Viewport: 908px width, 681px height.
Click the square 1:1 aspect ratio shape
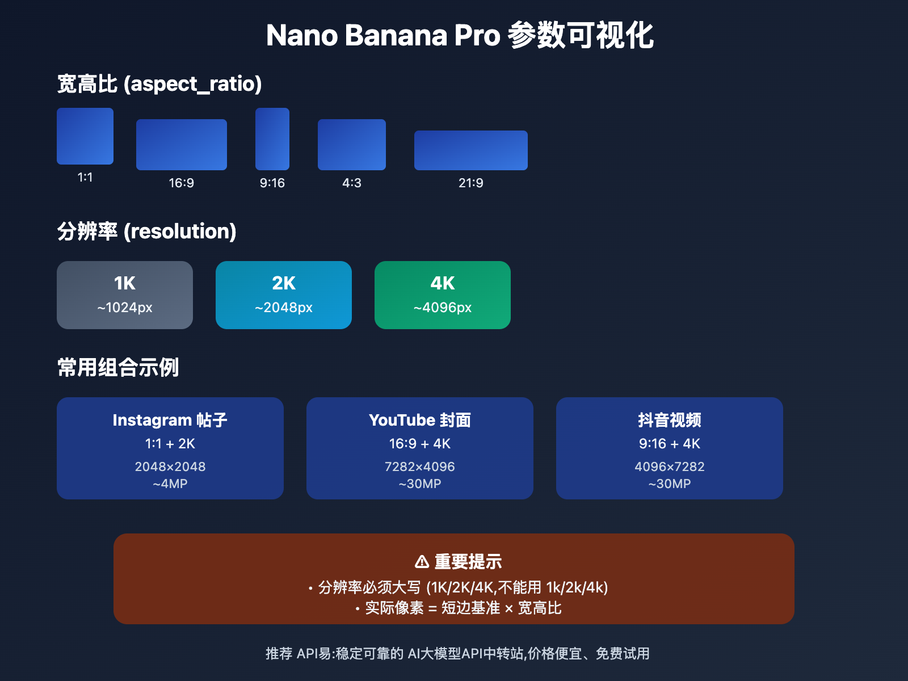point(85,136)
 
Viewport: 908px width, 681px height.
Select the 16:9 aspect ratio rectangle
point(182,145)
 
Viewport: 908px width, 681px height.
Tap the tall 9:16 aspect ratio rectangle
point(272,139)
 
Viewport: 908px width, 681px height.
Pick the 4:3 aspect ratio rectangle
point(352,145)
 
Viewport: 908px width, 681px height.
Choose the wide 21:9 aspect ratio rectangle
point(471,150)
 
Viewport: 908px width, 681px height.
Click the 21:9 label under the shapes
point(471,183)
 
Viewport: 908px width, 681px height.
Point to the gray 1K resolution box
point(125,295)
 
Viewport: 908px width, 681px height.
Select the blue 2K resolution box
point(284,295)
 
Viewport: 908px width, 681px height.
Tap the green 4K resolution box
point(443,295)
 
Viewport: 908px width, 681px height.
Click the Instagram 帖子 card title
point(170,420)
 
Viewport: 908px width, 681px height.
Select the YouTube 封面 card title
point(420,420)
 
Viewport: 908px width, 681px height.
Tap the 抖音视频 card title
point(670,420)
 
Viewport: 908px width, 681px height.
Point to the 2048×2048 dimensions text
point(170,466)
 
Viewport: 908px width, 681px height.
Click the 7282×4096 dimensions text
point(420,466)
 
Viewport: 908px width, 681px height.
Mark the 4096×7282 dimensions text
point(670,466)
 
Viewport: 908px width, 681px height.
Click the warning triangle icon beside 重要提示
point(422,562)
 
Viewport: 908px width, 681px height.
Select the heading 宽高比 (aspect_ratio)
point(159,84)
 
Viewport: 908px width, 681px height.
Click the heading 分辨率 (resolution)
point(146,232)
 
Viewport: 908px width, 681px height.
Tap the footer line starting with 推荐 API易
point(457,654)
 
